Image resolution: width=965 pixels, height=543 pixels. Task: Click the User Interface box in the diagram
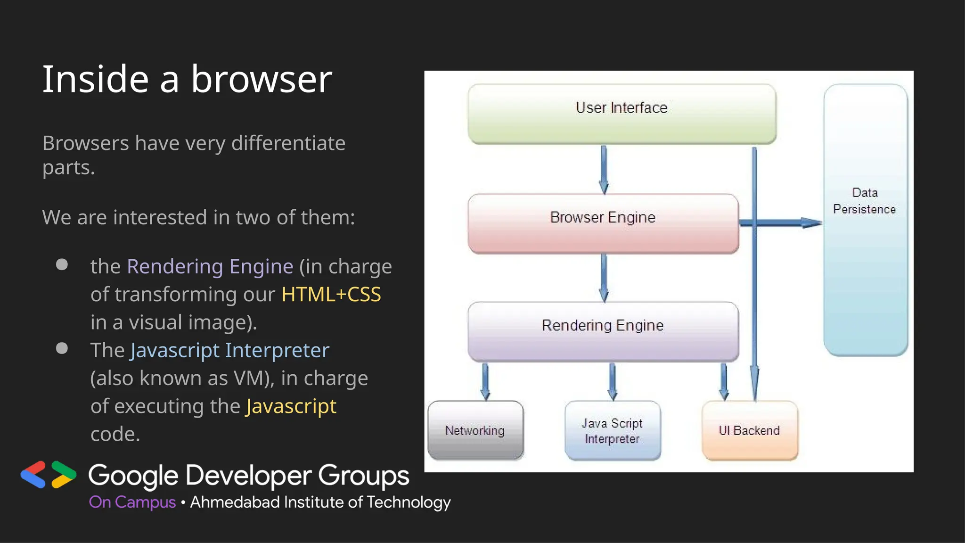tap(622, 114)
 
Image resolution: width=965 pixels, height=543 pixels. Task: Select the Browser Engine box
tap(603, 223)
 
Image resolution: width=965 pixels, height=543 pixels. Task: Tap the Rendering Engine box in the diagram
tap(603, 331)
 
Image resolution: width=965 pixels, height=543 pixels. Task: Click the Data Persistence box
tap(865, 220)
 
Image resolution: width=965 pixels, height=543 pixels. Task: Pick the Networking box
tap(475, 430)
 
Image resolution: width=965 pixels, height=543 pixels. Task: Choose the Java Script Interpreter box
tap(612, 430)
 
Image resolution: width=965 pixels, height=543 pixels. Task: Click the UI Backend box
tap(749, 430)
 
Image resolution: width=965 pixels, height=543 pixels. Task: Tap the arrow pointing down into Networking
tap(485, 381)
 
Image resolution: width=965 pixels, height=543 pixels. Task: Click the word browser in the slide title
tap(262, 79)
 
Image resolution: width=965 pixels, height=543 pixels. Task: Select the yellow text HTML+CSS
tap(331, 294)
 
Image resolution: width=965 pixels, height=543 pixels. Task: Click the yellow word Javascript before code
tap(291, 406)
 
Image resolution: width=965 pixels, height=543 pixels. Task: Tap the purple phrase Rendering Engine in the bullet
tap(210, 266)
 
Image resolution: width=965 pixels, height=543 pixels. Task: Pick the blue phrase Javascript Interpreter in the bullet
tap(229, 350)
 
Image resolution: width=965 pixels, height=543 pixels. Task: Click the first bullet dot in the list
tap(62, 264)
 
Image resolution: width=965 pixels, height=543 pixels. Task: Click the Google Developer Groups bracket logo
tap(49, 474)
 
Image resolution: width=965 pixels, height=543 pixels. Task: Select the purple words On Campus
tap(132, 502)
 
